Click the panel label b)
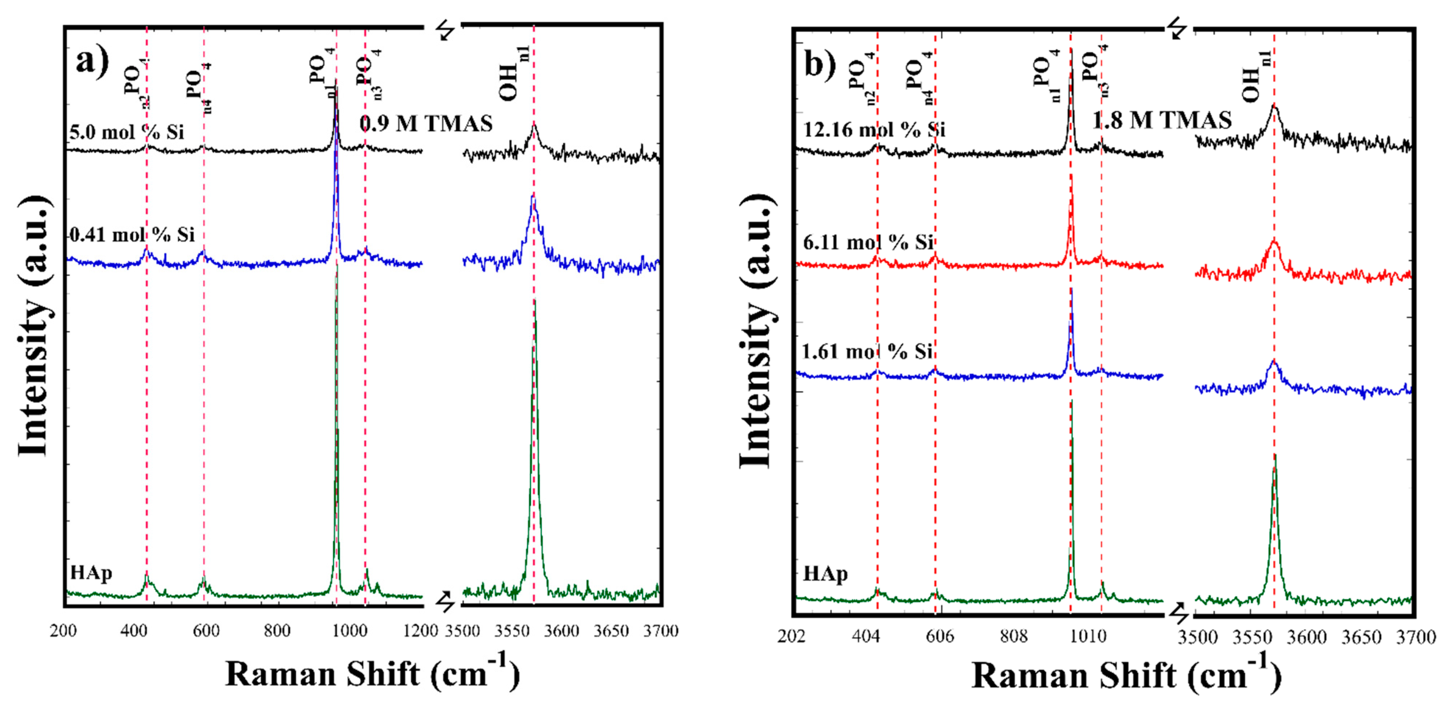point(819,64)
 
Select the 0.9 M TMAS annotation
point(426,123)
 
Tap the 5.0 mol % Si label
point(126,132)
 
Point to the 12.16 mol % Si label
point(874,130)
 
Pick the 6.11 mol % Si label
point(868,243)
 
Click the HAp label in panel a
point(91,573)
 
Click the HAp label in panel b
point(825,574)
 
